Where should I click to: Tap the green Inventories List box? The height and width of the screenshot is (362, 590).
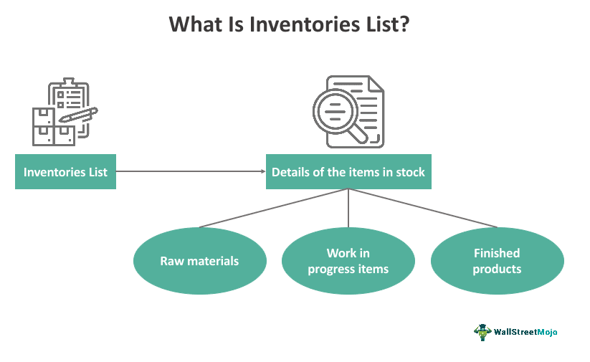(x=65, y=171)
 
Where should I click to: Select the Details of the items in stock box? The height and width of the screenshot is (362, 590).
(x=348, y=171)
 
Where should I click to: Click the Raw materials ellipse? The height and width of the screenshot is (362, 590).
(x=200, y=261)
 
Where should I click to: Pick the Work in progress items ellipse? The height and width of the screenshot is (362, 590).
(x=348, y=261)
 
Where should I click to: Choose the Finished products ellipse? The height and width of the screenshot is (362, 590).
(x=497, y=261)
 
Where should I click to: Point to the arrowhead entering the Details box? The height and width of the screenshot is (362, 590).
(x=263, y=171)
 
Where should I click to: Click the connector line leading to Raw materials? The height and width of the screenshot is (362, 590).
(x=274, y=208)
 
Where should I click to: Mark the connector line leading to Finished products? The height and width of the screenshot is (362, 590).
(x=422, y=208)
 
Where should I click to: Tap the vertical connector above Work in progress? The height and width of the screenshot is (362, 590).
(x=348, y=208)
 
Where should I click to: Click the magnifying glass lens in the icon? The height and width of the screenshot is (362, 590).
(x=335, y=111)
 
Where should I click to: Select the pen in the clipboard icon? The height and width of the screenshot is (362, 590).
(x=78, y=115)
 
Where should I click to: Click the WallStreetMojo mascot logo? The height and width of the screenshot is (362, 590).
(x=482, y=333)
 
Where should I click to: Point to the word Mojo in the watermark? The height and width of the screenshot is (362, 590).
(x=547, y=332)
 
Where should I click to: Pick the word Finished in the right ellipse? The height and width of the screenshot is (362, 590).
(x=497, y=253)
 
